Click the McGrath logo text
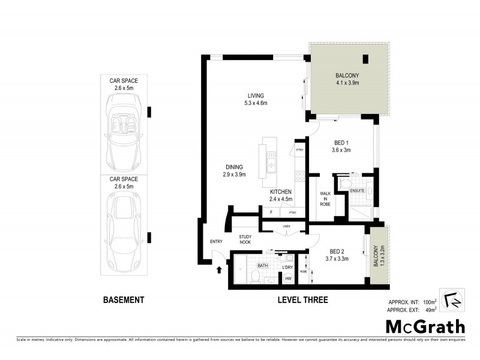coord(425,326)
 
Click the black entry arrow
coord(218,269)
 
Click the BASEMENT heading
coord(124,300)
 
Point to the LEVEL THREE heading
coord(303,300)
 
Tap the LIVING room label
coord(256,96)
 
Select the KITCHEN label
coord(280,192)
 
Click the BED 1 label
coord(341,143)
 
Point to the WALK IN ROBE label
coord(325,199)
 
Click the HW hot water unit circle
coord(287,278)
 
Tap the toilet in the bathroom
coord(254,276)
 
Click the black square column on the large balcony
coord(365,58)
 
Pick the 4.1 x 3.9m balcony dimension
coord(347,83)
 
